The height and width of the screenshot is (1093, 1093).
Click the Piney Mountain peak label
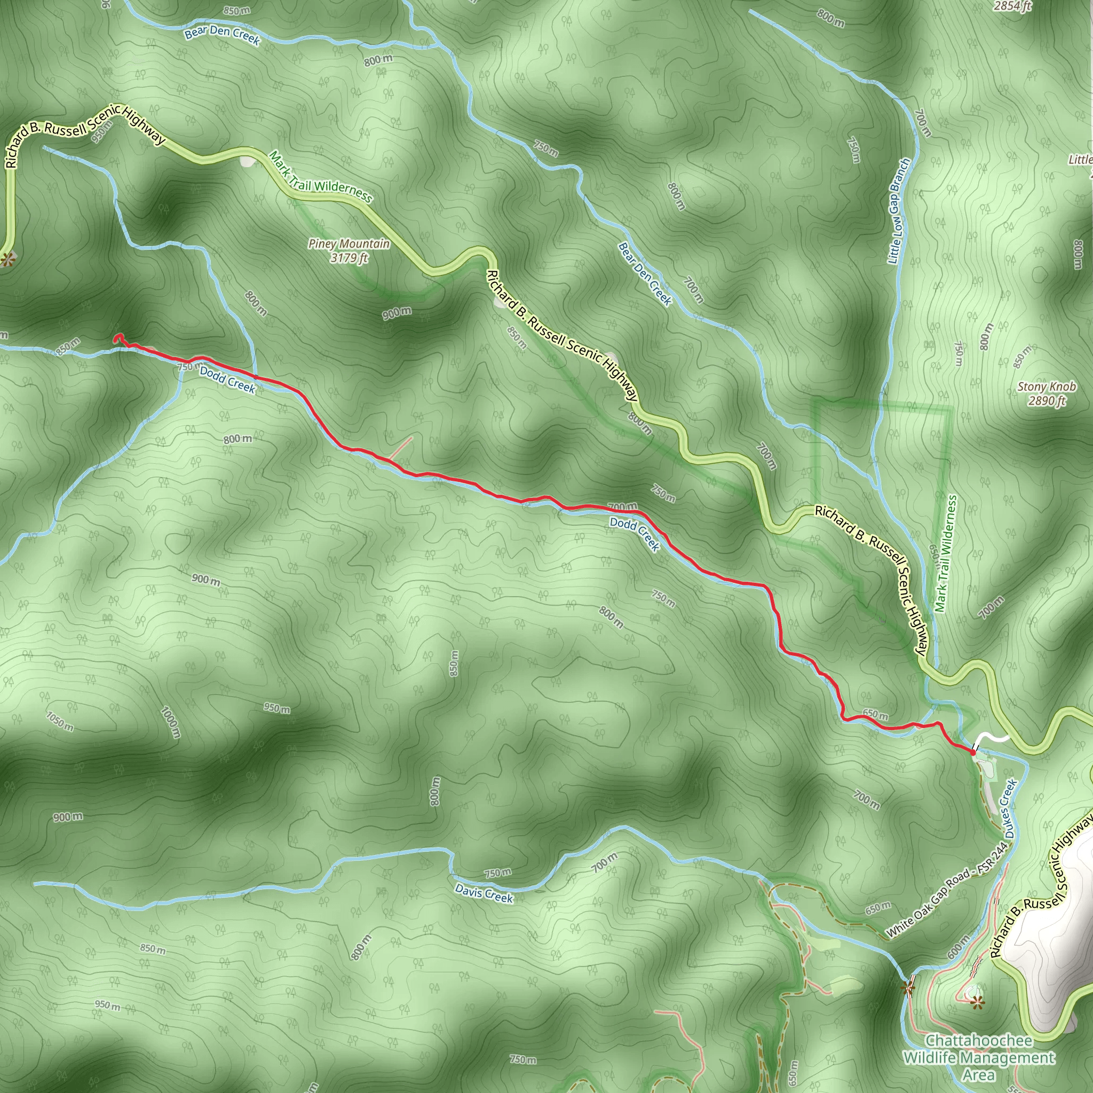pyautogui.click(x=349, y=244)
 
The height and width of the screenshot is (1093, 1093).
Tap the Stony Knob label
pyautogui.click(x=1047, y=387)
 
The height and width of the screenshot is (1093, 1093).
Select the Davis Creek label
pyautogui.click(x=484, y=893)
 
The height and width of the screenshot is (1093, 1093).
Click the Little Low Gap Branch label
pyautogui.click(x=898, y=211)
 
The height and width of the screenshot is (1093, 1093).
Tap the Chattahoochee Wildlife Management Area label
pyautogui.click(x=979, y=1057)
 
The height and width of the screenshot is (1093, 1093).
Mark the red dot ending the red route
pyautogui.click(x=972, y=753)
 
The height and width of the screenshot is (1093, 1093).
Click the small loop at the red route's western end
pyautogui.click(x=118, y=338)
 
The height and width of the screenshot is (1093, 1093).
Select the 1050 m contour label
pyautogui.click(x=59, y=722)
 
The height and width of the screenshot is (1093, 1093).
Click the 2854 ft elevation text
pyautogui.click(x=1012, y=6)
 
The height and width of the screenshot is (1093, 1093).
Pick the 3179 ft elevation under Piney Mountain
pyautogui.click(x=349, y=258)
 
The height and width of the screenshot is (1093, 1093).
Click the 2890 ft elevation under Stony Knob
pyautogui.click(x=1047, y=401)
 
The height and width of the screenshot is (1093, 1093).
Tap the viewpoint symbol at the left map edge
pyautogui.click(x=6, y=260)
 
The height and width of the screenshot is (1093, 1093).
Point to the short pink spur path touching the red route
pyautogui.click(x=401, y=447)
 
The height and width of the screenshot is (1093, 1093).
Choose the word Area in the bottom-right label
pyautogui.click(x=979, y=1074)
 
